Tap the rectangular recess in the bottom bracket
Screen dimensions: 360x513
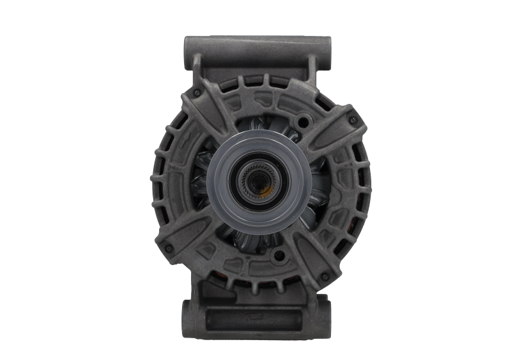coord(256,316)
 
